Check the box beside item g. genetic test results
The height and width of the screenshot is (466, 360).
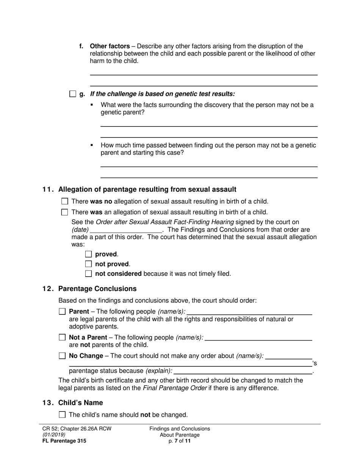pos(73,94)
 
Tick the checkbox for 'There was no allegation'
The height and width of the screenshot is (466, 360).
pos(65,202)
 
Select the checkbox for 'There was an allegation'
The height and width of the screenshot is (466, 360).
pos(65,212)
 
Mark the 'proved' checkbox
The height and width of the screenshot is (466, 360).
pos(88,254)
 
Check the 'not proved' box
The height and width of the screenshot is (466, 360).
pos(88,264)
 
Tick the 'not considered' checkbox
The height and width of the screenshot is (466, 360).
pos(88,274)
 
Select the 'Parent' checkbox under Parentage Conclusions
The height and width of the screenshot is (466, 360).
pos(62,311)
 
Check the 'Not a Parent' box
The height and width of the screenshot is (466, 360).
pos(62,337)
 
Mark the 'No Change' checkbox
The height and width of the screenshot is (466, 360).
pos(62,356)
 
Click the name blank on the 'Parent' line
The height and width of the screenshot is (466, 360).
pos(250,311)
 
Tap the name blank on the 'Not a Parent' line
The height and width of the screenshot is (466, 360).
pos(258,337)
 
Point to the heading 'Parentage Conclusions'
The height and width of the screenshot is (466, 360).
pos(97,289)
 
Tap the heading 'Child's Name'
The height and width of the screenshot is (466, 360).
pos(80,403)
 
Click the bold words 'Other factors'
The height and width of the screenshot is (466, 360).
pos(110,46)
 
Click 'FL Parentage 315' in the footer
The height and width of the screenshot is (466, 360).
pos(64,441)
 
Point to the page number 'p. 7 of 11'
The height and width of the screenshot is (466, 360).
pos(180,441)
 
